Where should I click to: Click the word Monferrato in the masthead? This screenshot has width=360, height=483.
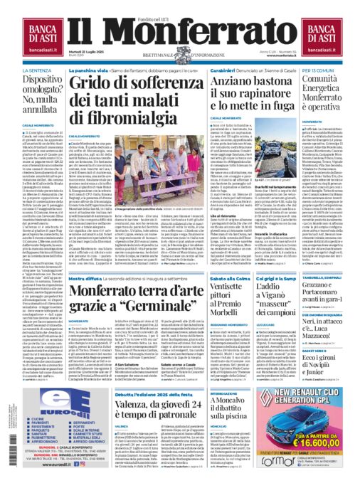(179, 32)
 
